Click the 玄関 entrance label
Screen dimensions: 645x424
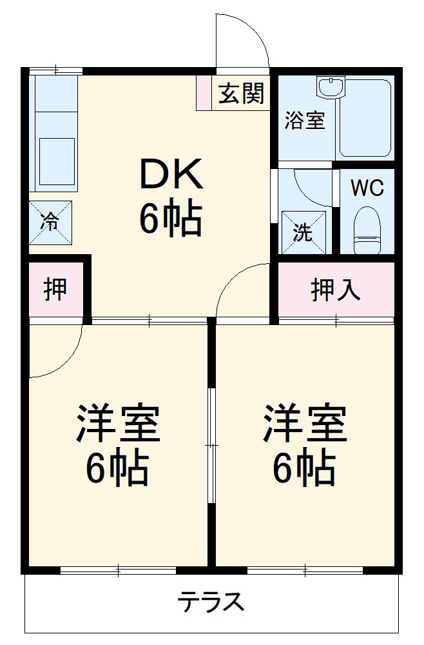(241, 94)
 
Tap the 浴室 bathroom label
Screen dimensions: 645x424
(304, 121)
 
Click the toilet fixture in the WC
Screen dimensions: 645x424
(368, 229)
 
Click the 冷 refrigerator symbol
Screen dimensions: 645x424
(50, 222)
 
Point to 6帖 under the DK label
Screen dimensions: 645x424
(171, 219)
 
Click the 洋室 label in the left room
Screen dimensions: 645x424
(118, 422)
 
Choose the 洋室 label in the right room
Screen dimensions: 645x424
(304, 422)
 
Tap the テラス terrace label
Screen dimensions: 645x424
(211, 602)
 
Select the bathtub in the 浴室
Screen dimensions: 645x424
(365, 119)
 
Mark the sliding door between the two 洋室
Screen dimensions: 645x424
(211, 445)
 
